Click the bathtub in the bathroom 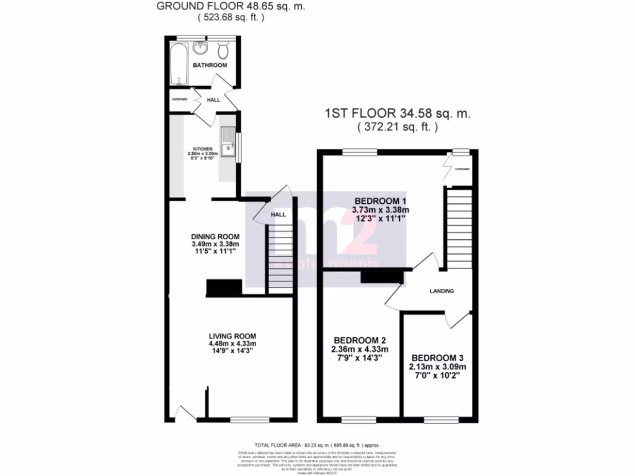[x=177, y=64]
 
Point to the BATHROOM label [x=209, y=65]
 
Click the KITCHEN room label [x=203, y=149]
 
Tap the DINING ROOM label [x=215, y=237]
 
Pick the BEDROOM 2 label [x=360, y=341]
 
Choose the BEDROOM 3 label [x=437, y=358]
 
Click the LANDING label [x=442, y=291]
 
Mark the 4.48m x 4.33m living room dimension [x=232, y=344]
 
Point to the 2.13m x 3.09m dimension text [x=437, y=367]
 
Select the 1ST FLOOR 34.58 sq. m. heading [x=397, y=114]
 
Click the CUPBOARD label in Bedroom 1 [x=462, y=169]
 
